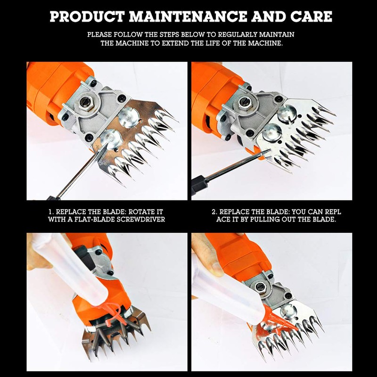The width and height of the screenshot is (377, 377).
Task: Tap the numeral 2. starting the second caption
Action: click(x=215, y=212)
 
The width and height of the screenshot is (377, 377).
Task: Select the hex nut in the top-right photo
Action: click(x=244, y=101)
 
